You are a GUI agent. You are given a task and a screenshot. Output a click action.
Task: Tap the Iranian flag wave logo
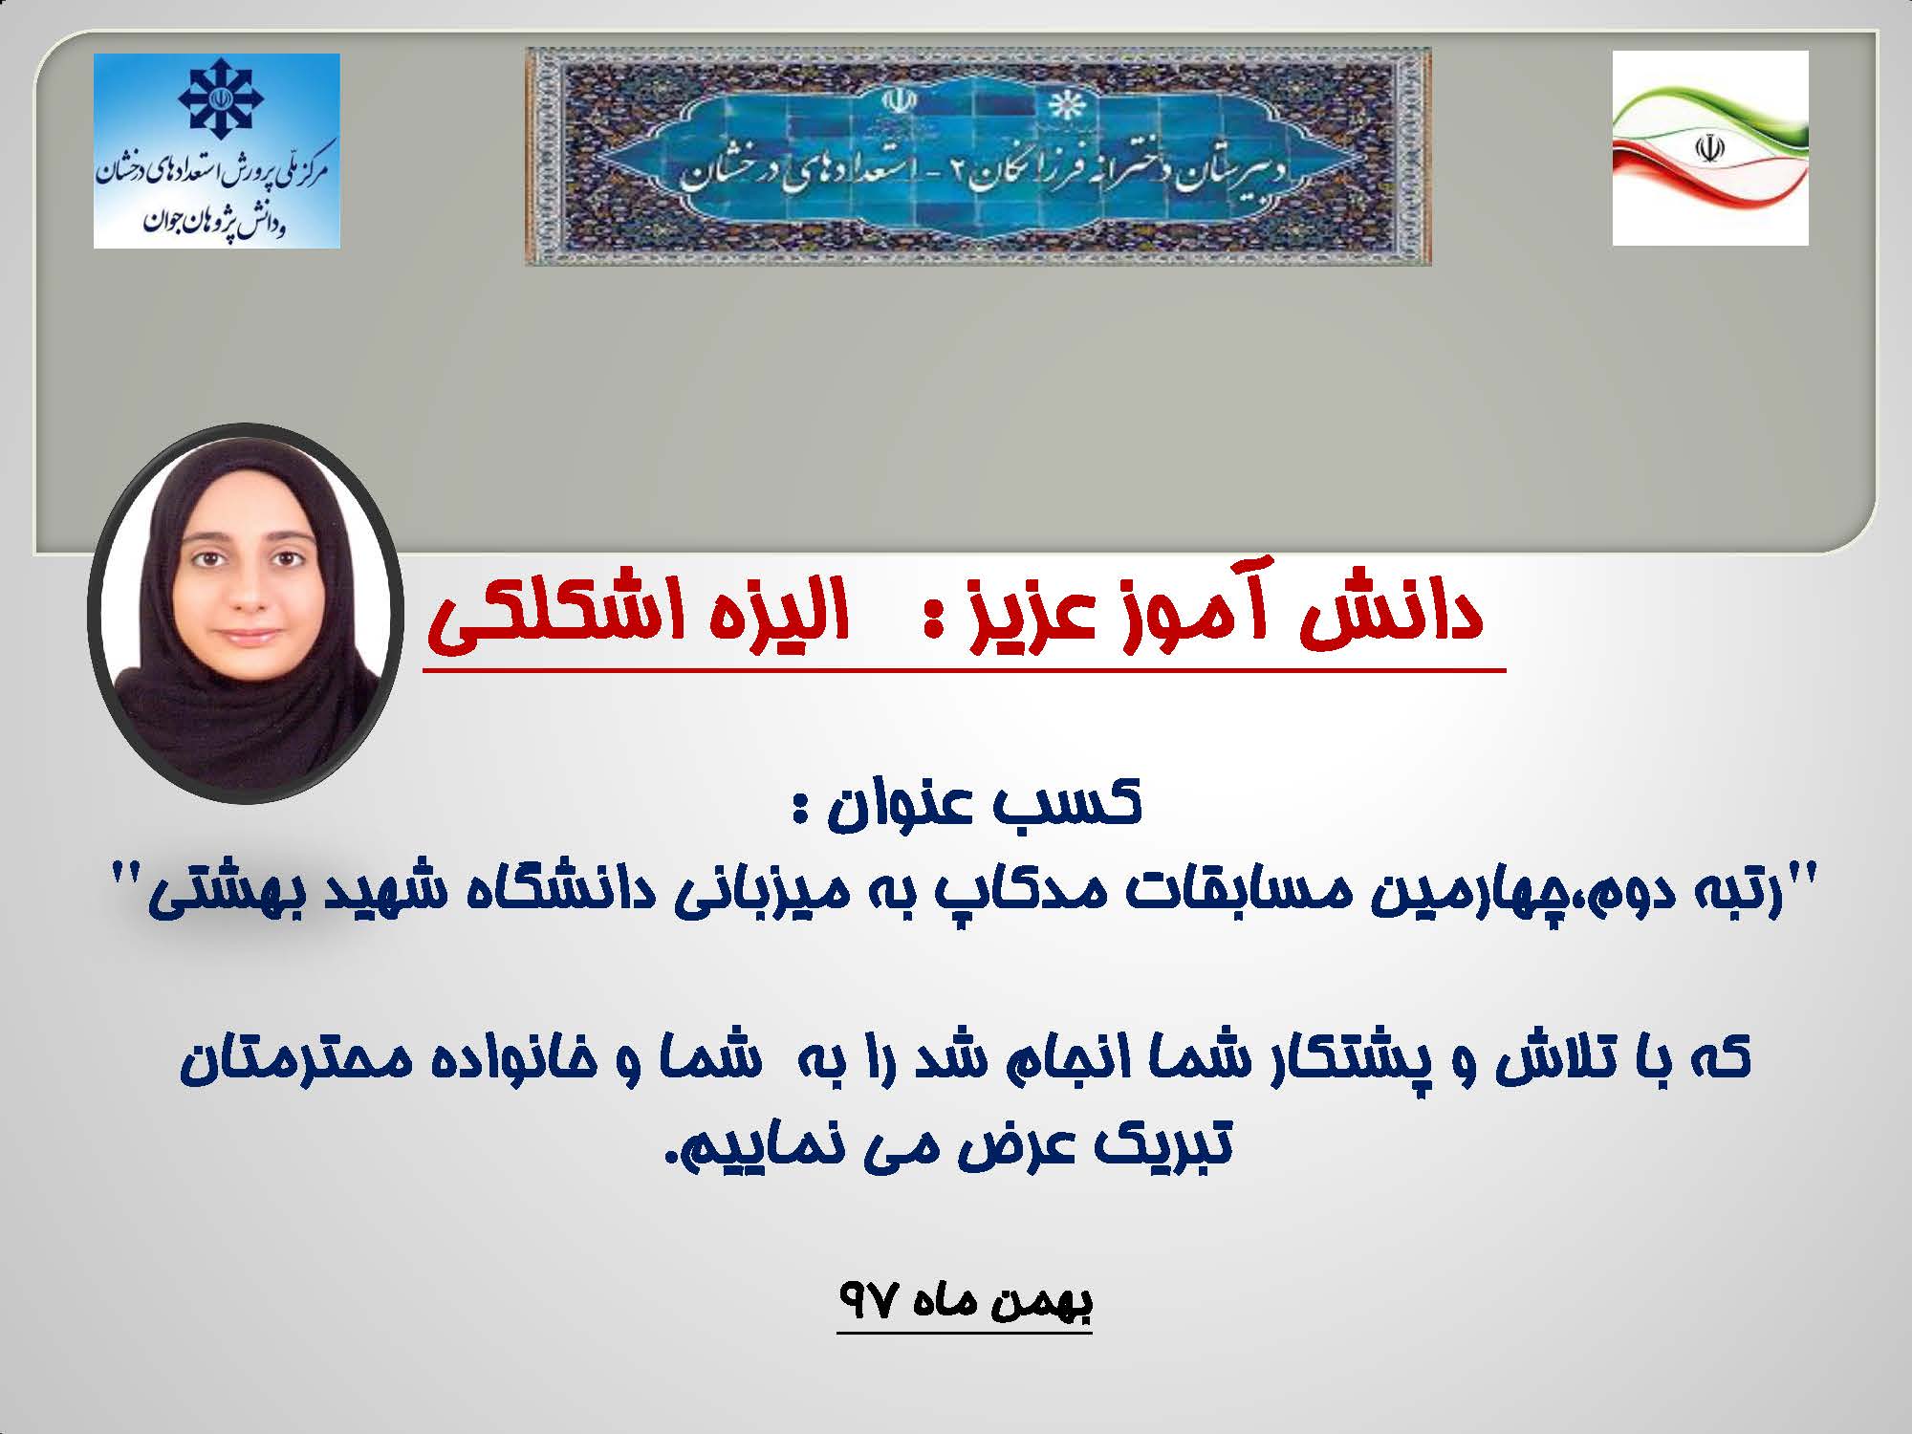(1710, 148)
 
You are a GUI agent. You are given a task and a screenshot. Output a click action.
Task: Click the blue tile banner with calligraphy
(978, 156)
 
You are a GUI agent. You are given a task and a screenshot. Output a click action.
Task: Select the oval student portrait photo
(244, 613)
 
